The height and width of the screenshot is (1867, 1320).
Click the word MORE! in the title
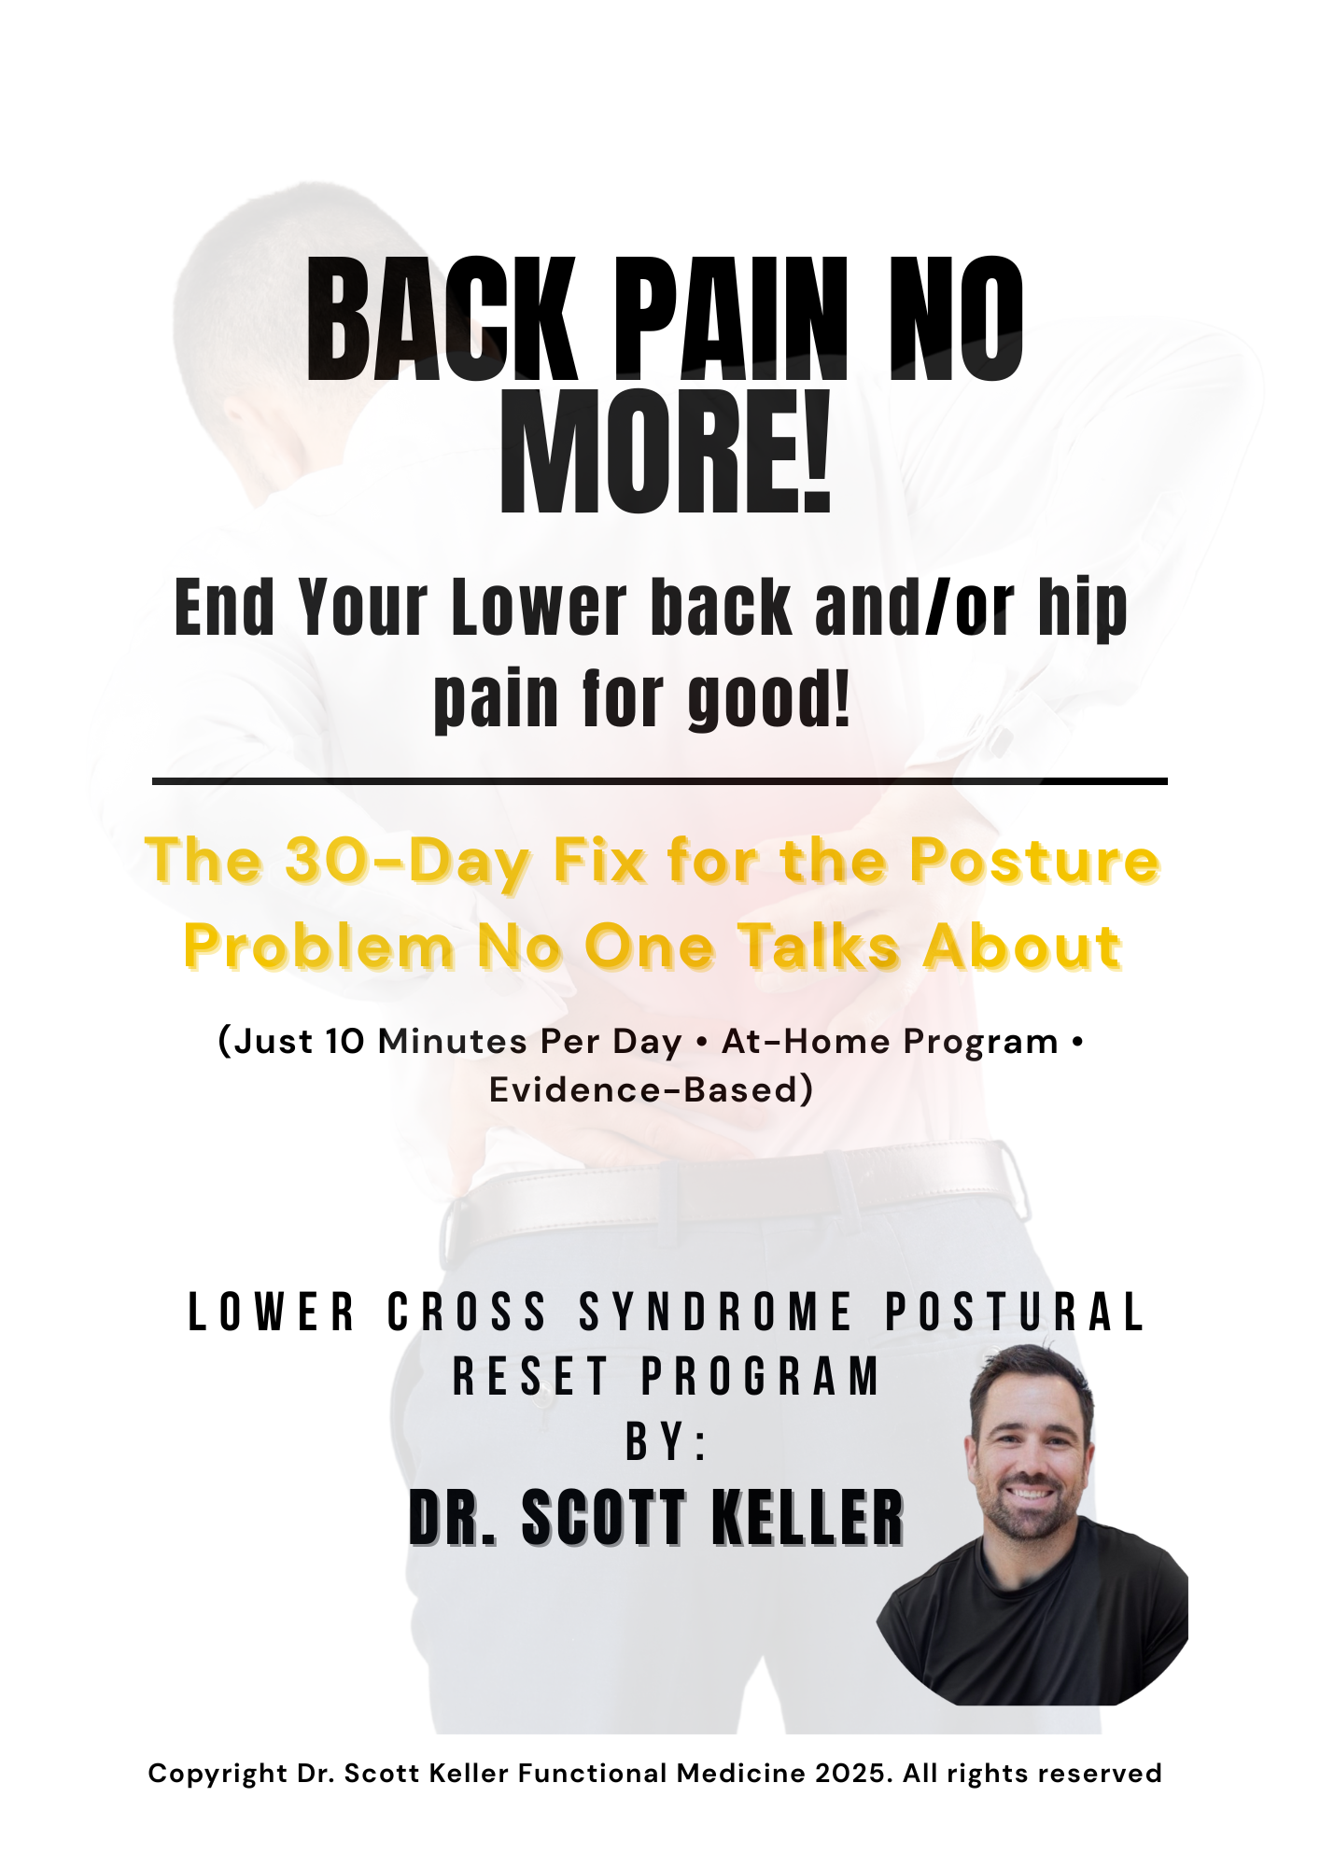(666, 452)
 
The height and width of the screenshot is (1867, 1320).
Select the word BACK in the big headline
(442, 319)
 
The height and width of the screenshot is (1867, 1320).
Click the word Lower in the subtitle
(540, 608)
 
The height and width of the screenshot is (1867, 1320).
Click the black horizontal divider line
(660, 780)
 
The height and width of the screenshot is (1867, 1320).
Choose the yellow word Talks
(821, 947)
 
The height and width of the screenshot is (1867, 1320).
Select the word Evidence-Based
(644, 1089)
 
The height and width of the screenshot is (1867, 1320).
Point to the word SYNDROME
(716, 1312)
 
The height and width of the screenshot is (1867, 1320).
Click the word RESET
(530, 1376)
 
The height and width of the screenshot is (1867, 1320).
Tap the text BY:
(667, 1441)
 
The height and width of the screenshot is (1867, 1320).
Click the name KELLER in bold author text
(808, 1518)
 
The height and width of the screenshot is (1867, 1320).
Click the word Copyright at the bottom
(218, 1775)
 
